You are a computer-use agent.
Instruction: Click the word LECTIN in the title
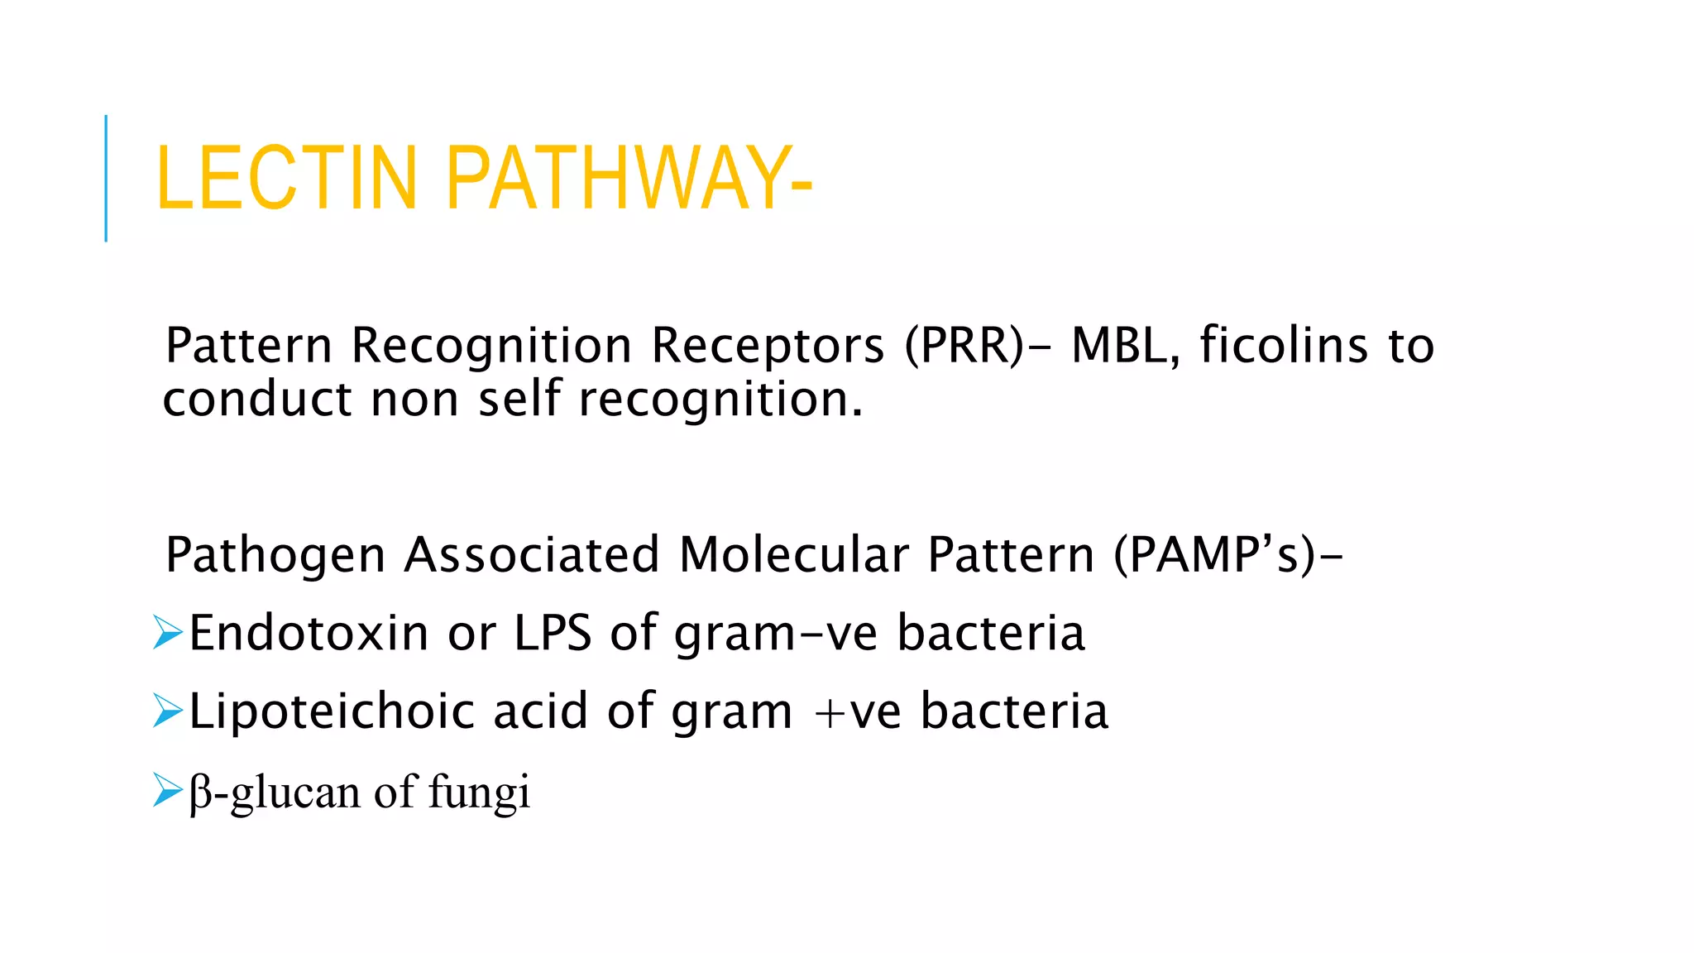point(286,178)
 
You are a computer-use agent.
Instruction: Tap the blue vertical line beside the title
point(106,178)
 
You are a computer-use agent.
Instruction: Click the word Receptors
point(768,347)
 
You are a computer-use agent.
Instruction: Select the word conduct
point(257,399)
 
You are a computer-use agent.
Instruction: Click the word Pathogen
point(275,556)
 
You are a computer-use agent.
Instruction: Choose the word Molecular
point(793,554)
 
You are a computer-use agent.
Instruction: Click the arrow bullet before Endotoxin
point(167,633)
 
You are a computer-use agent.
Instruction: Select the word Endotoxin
point(309,633)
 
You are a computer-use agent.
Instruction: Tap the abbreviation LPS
point(553,633)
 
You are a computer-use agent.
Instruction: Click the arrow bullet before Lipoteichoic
point(167,711)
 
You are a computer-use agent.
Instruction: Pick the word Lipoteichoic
point(332,711)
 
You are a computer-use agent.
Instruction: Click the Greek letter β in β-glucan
point(200,793)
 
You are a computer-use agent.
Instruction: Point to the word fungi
point(479,793)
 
